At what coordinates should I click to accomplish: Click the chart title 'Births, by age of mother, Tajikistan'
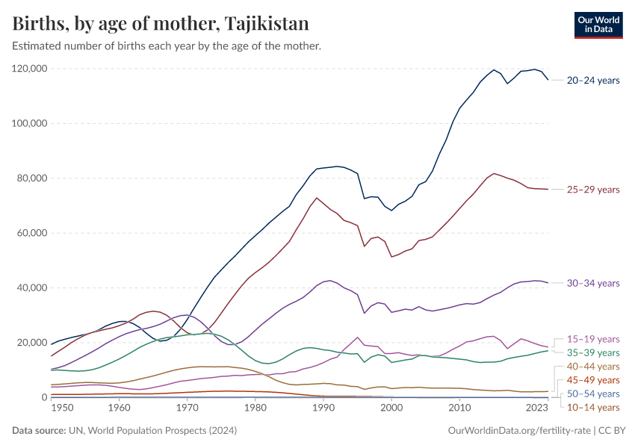161,23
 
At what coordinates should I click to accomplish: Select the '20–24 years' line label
593,81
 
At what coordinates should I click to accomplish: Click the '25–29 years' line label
593,190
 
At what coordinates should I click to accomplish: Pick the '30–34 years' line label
593,283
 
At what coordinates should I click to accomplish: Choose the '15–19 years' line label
593,339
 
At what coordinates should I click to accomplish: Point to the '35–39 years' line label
593,352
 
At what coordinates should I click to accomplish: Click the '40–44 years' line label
593,367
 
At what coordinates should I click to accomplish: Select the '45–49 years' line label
593,380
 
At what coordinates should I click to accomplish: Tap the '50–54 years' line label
593,393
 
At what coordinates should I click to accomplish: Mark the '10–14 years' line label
593,407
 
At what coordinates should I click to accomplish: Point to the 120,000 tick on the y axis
30,69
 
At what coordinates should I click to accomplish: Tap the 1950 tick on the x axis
63,408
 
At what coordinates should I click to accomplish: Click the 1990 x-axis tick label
323,408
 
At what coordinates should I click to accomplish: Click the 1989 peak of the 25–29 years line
317,198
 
